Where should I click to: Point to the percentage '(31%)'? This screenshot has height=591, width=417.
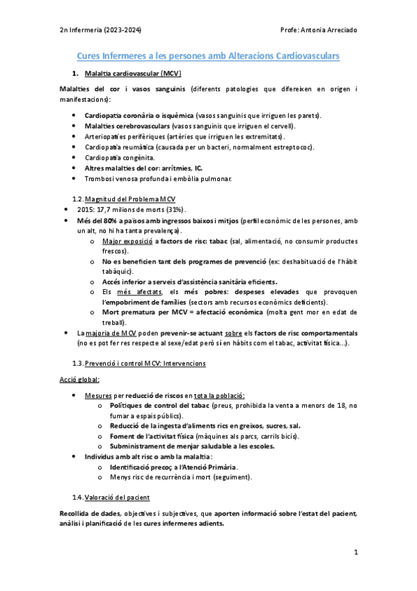point(176,210)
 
